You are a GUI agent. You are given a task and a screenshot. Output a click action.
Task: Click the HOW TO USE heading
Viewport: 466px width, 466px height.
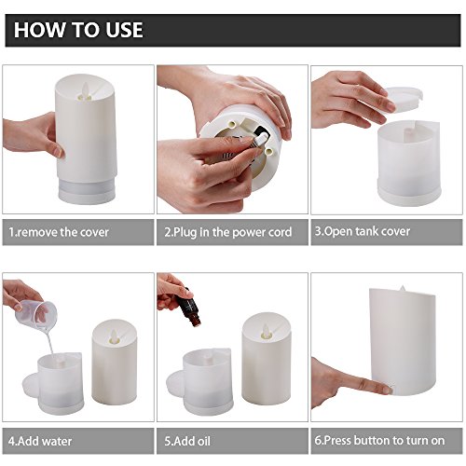[78, 30]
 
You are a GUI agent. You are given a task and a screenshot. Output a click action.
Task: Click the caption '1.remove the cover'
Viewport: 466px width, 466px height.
[59, 232]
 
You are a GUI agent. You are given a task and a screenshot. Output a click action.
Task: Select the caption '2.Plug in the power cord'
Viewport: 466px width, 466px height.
[228, 232]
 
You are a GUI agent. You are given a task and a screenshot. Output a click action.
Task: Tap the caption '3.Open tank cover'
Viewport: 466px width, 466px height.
[363, 231]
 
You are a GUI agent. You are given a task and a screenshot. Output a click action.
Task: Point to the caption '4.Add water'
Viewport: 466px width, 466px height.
[40, 441]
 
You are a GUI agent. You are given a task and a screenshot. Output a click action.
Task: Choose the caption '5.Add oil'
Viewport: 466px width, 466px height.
[187, 441]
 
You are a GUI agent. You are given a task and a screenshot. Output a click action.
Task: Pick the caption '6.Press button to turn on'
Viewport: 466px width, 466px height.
[379, 441]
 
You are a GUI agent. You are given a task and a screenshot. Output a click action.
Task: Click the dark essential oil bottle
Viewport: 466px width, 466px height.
[190, 308]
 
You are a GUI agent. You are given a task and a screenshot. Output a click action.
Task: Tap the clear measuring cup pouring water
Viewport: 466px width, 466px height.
[36, 315]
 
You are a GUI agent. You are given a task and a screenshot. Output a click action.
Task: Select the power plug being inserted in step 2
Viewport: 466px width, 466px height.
[258, 142]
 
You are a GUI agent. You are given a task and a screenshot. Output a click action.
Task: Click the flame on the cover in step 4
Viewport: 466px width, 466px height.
[114, 336]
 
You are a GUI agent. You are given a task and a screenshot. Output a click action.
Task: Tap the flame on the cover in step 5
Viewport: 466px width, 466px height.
[267, 331]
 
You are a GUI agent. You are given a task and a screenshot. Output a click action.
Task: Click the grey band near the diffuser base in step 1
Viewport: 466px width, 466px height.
[87, 188]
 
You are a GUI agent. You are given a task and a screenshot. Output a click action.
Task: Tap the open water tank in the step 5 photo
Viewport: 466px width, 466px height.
[208, 382]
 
